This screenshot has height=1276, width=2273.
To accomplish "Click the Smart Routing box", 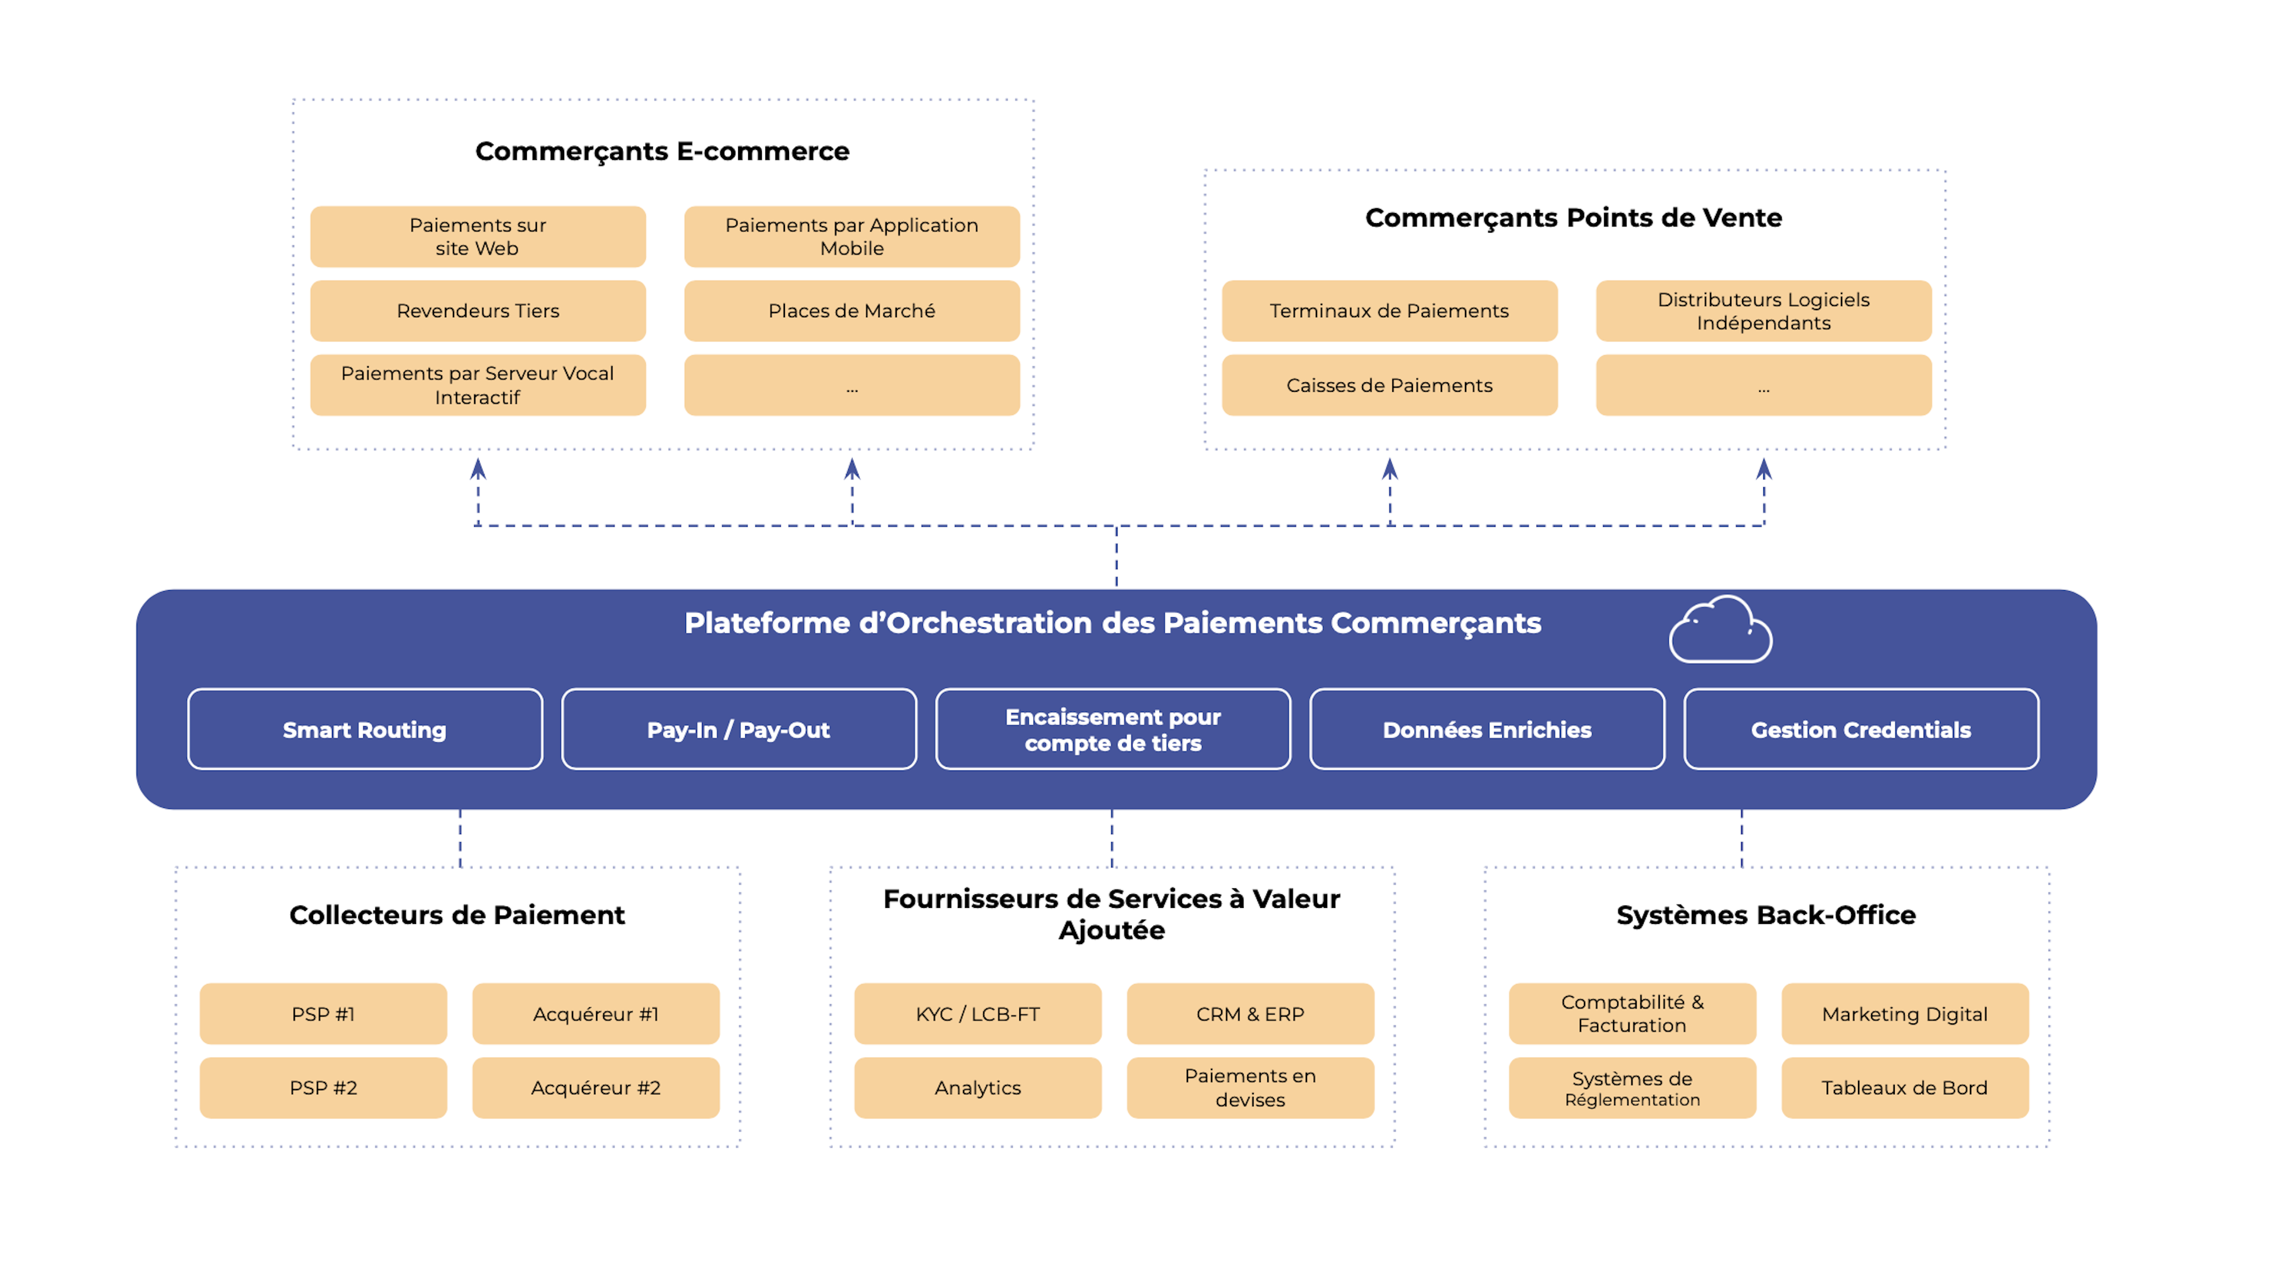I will point(365,729).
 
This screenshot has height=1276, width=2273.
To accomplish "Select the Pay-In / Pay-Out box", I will point(739,729).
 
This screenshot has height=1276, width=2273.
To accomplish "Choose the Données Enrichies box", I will point(1487,729).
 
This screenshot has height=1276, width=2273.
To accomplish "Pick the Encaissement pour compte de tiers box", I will point(1113,729).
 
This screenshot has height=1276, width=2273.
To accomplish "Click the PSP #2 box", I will point(323,1087).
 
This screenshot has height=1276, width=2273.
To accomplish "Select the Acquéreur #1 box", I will point(595,1013).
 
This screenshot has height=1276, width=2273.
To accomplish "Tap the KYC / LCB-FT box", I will point(978,1013).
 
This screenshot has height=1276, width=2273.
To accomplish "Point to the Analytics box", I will point(978,1087).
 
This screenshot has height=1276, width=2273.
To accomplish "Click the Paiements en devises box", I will point(1250,1087).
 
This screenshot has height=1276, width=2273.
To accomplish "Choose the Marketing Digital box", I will point(1904,1013).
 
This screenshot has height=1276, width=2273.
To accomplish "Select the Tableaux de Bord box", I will point(1904,1087).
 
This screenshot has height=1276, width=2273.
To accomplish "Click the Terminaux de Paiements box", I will point(1389,311).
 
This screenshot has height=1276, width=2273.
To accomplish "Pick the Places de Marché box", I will point(852,311).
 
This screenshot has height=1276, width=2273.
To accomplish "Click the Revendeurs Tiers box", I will point(477,311).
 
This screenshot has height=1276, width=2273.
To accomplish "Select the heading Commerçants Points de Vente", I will point(1573,217).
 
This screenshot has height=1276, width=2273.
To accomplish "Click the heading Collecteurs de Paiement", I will point(457,914).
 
